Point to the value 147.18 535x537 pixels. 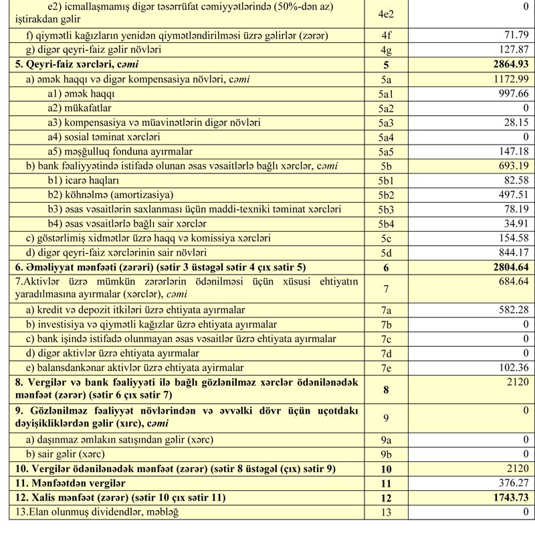(512, 152)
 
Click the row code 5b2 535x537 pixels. (385, 195)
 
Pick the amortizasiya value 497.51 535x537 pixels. (512, 195)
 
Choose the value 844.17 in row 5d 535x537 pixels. (512, 252)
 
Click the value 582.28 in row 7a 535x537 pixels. (512, 310)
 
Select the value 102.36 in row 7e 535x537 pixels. (512, 368)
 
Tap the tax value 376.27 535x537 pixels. (512, 483)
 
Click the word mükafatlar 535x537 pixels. (80, 108)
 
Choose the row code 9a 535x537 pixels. (385, 440)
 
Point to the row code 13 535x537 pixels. (385, 513)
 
